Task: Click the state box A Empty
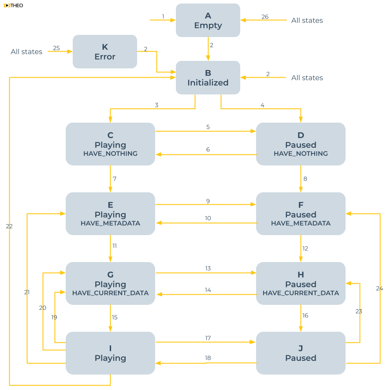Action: coord(208,20)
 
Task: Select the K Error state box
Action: coord(105,52)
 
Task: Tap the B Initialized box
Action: coord(208,78)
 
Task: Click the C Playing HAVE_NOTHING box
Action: coord(110,144)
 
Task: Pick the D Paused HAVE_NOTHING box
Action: coord(301,144)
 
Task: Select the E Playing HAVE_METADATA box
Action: coord(110,214)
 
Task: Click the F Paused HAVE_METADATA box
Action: coord(301,214)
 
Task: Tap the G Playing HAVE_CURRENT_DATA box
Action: coord(110,284)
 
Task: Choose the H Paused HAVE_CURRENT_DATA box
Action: coord(301,284)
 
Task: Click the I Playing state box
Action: coord(110,353)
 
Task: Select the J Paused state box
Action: coord(301,353)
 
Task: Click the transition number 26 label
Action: coord(265,17)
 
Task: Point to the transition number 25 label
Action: coord(56,48)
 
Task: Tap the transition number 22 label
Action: coord(9,226)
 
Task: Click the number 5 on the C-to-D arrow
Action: coord(208,127)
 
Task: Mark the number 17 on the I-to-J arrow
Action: coord(208,338)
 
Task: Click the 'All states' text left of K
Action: coord(26,52)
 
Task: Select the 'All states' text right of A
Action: coord(307,20)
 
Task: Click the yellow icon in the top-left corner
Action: coord(7,5)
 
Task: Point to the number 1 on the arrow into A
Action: coord(163,16)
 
